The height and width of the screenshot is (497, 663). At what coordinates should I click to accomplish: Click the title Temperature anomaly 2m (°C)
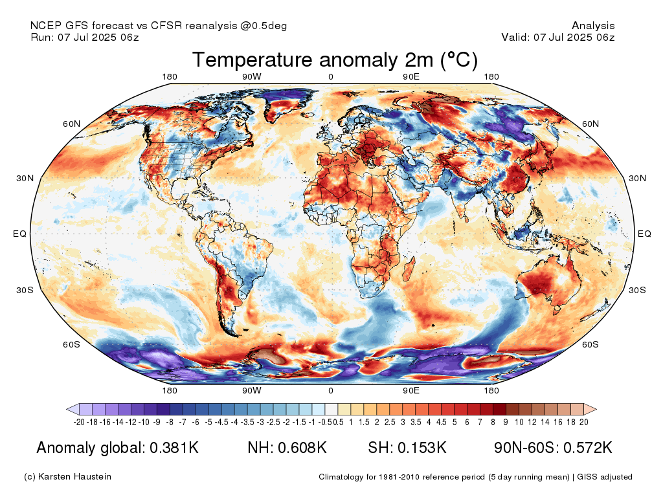(x=335, y=60)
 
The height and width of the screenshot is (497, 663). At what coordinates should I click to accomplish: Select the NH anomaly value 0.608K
(x=304, y=448)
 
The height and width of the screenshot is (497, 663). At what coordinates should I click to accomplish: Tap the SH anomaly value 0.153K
(x=424, y=448)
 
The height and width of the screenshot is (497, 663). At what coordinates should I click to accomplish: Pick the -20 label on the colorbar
(x=80, y=422)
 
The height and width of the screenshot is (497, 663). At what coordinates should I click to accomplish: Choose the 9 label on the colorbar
(x=506, y=422)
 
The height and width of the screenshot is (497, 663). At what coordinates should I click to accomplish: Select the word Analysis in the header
(x=593, y=26)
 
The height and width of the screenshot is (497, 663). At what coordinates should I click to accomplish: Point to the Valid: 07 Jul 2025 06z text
(x=557, y=37)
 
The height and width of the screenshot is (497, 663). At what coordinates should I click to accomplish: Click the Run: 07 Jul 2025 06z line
(x=85, y=37)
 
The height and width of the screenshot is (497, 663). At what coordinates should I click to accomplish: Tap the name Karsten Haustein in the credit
(x=77, y=477)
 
